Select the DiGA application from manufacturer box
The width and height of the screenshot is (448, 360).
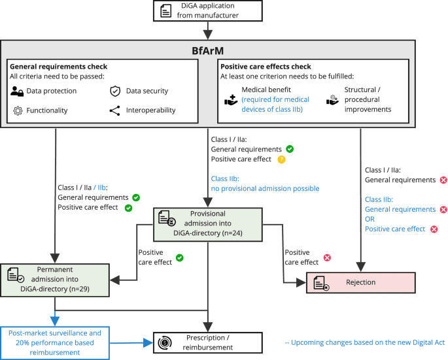click(207, 10)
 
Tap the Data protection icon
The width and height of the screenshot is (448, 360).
click(18, 91)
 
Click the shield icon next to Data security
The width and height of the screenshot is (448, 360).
click(114, 91)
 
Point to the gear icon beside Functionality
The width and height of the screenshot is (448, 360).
click(18, 110)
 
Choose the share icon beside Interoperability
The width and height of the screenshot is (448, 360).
click(114, 110)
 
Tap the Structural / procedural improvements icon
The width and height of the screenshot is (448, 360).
click(332, 100)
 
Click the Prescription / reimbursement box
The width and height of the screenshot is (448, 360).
click(207, 342)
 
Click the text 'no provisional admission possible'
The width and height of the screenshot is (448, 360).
click(265, 188)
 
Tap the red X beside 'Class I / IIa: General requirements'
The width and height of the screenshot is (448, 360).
click(442, 180)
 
